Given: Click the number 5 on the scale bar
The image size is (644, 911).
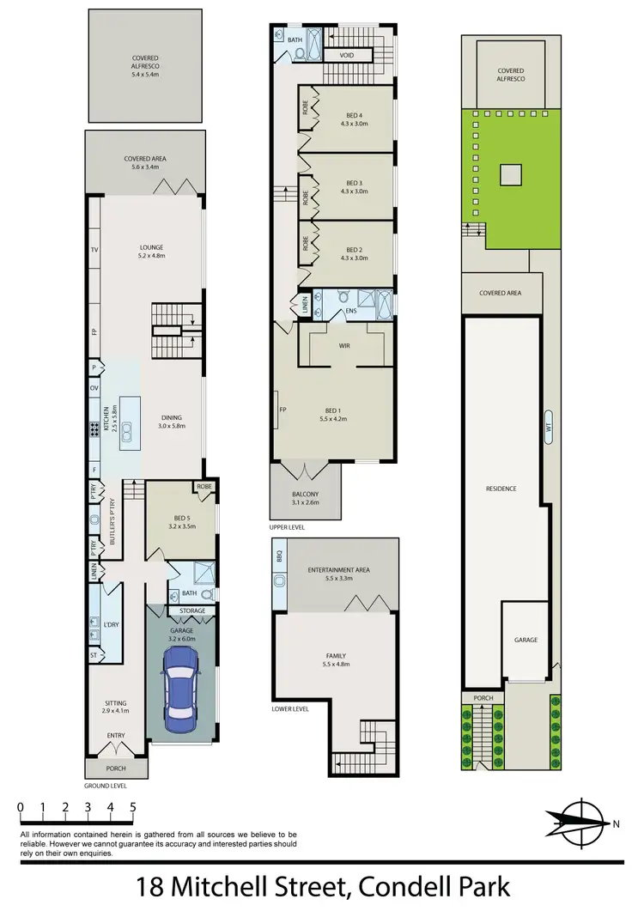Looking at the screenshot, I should click(133, 806).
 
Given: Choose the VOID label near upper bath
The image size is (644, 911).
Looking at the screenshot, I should click(347, 55).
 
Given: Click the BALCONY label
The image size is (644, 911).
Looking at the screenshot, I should click(305, 498).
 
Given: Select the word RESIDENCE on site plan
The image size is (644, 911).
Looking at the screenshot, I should click(501, 489).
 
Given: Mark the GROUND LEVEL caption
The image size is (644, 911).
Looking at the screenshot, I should click(106, 785).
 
